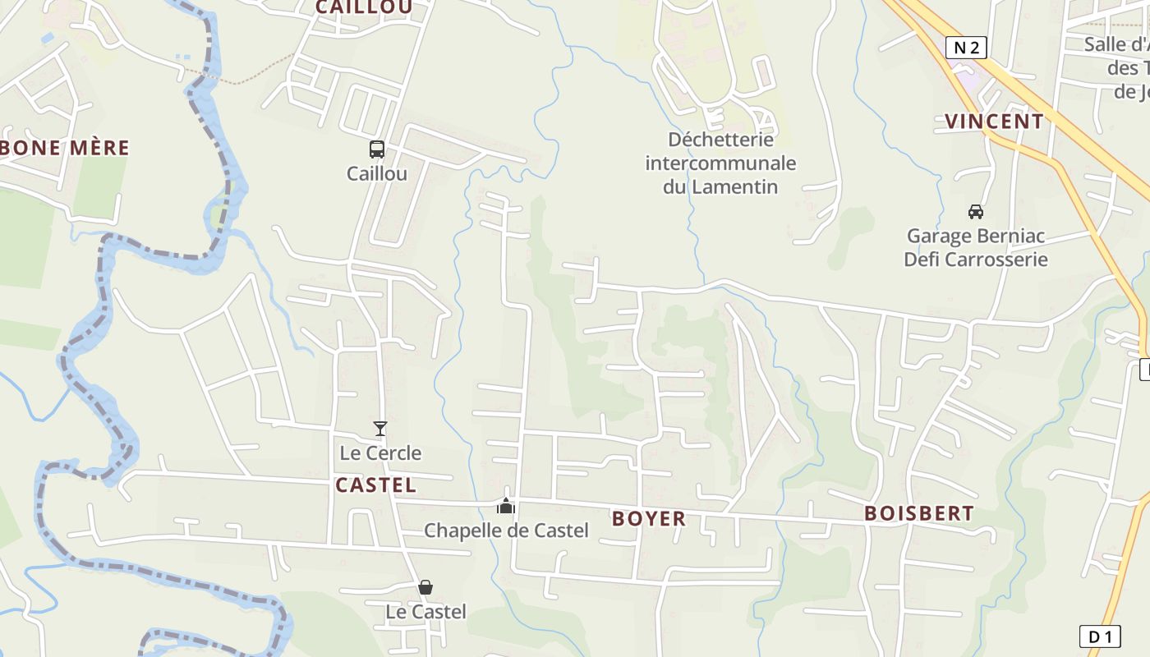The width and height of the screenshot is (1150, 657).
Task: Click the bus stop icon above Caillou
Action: pyautogui.click(x=376, y=149)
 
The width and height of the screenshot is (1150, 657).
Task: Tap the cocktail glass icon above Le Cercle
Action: pyautogui.click(x=379, y=429)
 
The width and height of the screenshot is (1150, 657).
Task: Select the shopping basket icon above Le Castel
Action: pyautogui.click(x=425, y=587)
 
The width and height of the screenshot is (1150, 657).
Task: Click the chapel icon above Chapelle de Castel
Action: pyautogui.click(x=506, y=506)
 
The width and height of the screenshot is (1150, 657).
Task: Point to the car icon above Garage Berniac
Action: pyautogui.click(x=976, y=212)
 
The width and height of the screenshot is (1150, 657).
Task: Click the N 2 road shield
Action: pyautogui.click(x=966, y=48)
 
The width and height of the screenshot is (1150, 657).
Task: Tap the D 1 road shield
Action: pyautogui.click(x=1099, y=636)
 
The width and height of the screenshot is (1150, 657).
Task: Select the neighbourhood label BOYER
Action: pyautogui.click(x=649, y=518)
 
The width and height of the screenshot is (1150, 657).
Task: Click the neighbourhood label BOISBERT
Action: pyautogui.click(x=919, y=513)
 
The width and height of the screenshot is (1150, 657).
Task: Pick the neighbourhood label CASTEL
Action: pyautogui.click(x=375, y=485)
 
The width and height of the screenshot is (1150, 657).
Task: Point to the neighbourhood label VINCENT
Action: pyautogui.click(x=994, y=122)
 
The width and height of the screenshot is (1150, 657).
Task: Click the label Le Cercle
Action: pyautogui.click(x=380, y=453)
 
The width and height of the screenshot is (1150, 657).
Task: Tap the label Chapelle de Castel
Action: pyautogui.click(x=506, y=531)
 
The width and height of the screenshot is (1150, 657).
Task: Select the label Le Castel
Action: pyautogui.click(x=425, y=612)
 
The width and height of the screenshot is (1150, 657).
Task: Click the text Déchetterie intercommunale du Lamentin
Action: pyautogui.click(x=720, y=163)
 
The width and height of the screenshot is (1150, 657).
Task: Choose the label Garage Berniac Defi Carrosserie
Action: pyautogui.click(x=976, y=248)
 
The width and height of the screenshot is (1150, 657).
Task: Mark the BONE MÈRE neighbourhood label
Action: pyautogui.click(x=66, y=148)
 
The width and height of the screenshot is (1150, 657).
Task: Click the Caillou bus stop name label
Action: pyautogui.click(x=376, y=173)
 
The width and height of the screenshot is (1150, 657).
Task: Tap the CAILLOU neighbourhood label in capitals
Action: pyautogui.click(x=364, y=7)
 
